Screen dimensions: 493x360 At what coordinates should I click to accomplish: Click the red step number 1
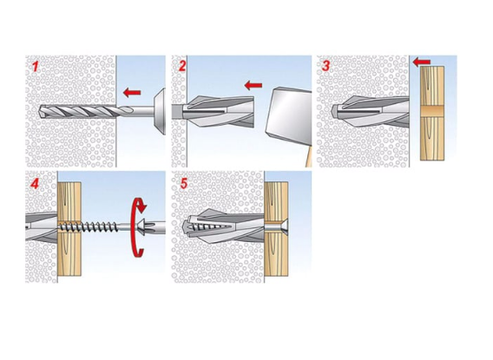(x=36, y=67)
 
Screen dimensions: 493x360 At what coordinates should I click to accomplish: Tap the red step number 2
(x=182, y=66)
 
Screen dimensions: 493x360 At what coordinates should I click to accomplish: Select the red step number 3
(x=326, y=66)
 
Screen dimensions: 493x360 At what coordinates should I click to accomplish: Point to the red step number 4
(x=35, y=183)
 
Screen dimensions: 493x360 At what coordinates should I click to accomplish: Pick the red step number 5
(x=184, y=183)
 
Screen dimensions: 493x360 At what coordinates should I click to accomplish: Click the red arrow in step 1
(x=132, y=92)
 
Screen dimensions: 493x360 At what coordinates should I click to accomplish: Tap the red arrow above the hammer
(x=253, y=85)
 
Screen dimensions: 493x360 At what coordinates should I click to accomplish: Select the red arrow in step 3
(x=422, y=62)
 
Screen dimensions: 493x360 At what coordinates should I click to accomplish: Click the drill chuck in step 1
(x=160, y=112)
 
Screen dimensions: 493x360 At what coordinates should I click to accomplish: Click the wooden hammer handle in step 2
(x=308, y=156)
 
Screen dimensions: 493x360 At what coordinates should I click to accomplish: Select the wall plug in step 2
(x=214, y=111)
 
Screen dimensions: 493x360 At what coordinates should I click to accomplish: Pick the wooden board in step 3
(x=432, y=113)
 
